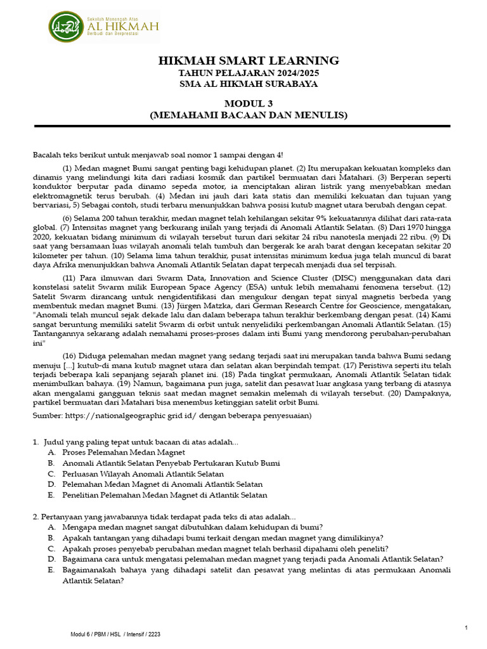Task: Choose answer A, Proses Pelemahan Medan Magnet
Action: [x=124, y=452]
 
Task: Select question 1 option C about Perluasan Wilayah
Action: [x=143, y=473]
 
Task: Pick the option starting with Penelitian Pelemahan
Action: [x=165, y=495]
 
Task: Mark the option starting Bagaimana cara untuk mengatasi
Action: [x=252, y=559]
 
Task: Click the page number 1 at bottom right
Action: [x=467, y=627]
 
